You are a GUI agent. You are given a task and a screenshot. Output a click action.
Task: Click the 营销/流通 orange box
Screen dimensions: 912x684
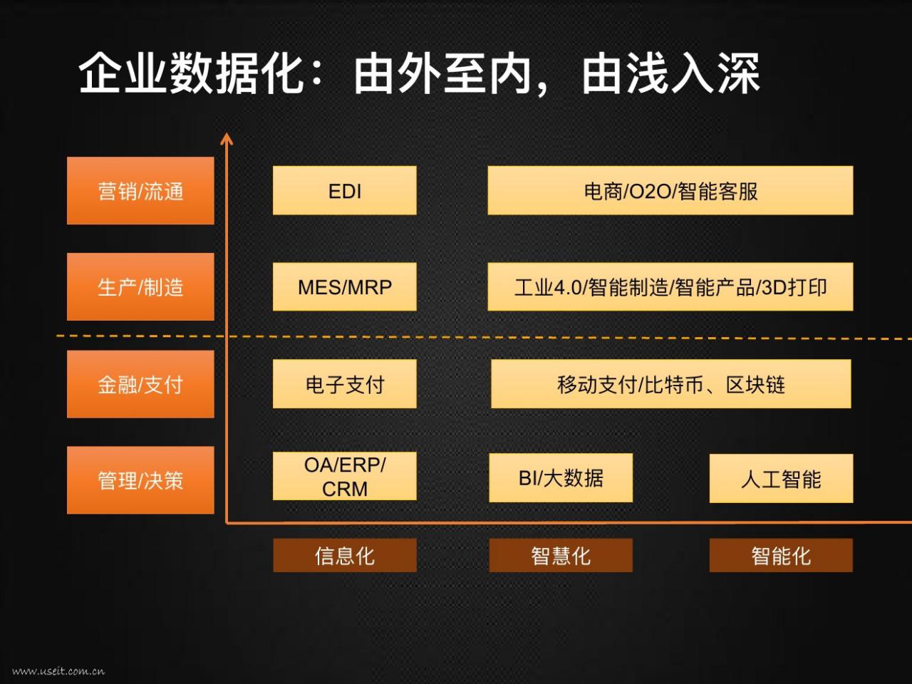(140, 191)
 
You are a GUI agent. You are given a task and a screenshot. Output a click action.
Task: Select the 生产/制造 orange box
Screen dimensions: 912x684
(140, 287)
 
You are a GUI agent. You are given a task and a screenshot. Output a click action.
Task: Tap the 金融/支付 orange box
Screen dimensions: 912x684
(140, 384)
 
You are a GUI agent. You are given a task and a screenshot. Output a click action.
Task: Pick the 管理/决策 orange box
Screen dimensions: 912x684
(140, 480)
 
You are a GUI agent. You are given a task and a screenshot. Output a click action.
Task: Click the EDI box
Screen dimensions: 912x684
(344, 191)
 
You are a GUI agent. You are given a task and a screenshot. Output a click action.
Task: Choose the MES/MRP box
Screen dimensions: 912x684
(344, 286)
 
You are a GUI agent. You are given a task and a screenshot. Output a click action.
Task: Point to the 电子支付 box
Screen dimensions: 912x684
(344, 384)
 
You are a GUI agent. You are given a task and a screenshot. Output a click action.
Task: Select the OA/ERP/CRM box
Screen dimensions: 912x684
(344, 476)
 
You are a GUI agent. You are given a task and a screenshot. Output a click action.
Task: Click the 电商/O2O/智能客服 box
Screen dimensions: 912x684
(670, 191)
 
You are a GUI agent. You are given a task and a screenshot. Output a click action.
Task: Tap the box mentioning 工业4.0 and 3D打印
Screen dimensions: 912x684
(670, 286)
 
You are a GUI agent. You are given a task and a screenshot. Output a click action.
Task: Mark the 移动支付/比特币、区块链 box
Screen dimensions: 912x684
(670, 384)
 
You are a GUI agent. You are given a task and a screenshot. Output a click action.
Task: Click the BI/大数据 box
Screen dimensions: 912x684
(561, 477)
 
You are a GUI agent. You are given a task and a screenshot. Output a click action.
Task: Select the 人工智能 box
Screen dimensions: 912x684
(781, 478)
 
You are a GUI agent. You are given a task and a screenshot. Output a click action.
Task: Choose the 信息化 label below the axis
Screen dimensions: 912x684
(344, 555)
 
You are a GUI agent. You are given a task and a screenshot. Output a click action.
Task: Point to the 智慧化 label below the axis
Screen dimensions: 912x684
(561, 555)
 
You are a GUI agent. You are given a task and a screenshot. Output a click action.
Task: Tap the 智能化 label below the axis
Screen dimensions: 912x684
(781, 555)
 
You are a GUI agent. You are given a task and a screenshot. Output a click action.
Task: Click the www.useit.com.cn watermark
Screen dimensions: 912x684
(58, 671)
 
